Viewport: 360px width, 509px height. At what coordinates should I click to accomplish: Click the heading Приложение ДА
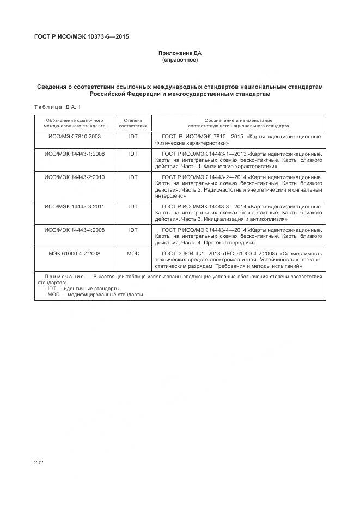point(180,53)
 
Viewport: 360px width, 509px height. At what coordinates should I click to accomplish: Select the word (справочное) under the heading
point(180,60)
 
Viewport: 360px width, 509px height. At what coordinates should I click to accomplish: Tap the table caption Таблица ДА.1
point(57,107)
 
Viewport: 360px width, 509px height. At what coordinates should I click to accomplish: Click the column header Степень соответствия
point(133,122)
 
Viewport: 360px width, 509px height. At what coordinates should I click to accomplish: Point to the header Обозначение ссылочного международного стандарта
point(75,122)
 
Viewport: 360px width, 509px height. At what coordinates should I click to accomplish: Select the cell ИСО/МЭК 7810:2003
point(75,136)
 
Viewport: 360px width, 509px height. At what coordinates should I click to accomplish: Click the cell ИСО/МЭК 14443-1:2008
point(75,154)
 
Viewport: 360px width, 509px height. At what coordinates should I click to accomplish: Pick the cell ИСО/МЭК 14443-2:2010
point(75,177)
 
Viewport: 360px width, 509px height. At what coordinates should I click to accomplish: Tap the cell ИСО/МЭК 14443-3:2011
point(75,207)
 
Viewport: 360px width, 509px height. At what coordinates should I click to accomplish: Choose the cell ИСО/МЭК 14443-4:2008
point(75,230)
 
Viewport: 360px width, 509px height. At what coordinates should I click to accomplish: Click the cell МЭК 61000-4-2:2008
point(75,254)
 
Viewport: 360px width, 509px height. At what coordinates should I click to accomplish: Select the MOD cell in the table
point(133,254)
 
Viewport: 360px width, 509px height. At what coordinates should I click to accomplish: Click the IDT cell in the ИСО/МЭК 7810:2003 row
point(133,136)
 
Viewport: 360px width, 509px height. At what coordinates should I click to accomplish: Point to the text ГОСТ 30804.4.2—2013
point(187,254)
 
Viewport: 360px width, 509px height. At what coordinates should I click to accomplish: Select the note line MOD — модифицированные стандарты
point(96,295)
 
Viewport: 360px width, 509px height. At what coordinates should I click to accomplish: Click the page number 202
point(38,462)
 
